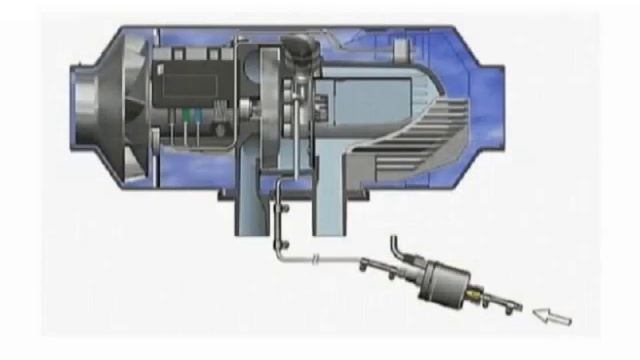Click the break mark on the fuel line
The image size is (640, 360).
point(315,259)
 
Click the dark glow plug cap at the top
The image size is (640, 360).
point(298,48)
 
